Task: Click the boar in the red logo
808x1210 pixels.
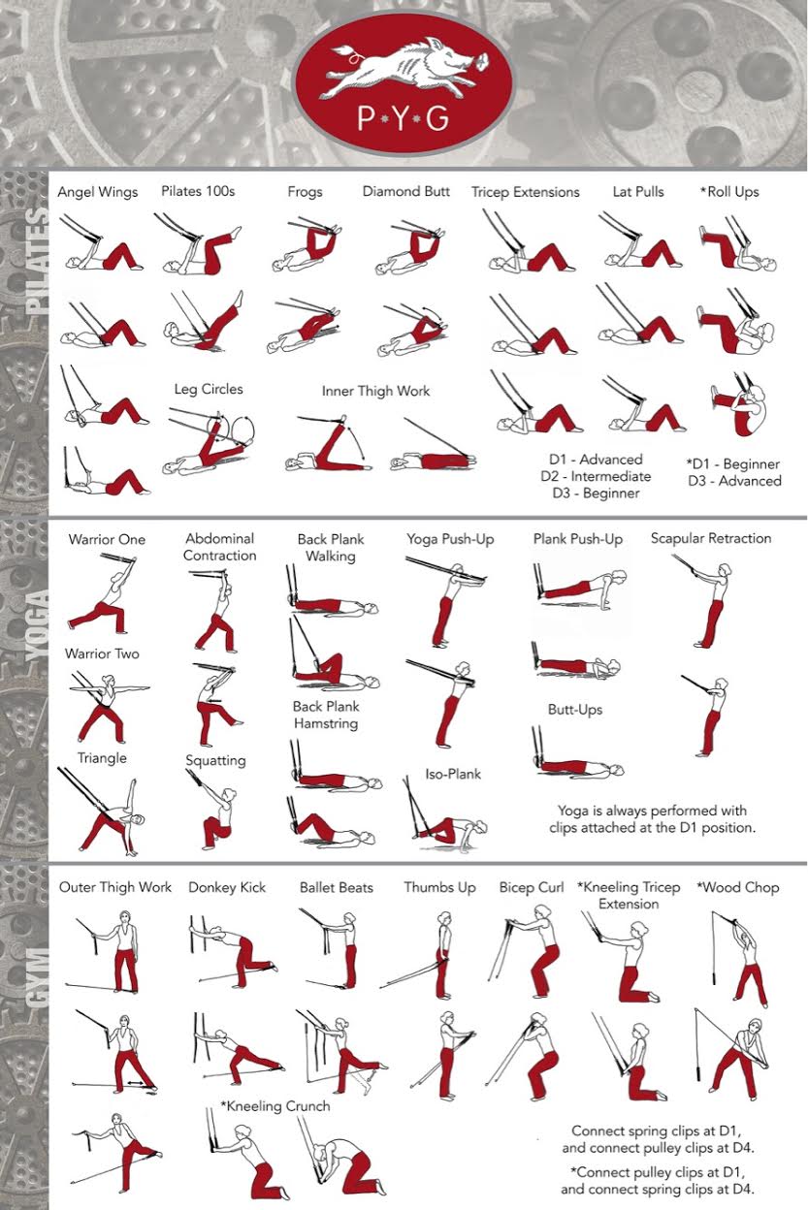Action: point(405,68)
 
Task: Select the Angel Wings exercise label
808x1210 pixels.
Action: point(98,192)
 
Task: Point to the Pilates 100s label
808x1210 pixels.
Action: point(198,191)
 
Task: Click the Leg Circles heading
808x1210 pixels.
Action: point(209,390)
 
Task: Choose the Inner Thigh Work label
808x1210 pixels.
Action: point(375,391)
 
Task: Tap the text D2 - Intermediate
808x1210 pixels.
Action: point(596,476)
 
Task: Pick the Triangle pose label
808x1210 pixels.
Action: point(102,758)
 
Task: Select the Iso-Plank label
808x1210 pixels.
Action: point(453,774)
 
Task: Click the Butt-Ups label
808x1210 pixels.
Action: point(575,710)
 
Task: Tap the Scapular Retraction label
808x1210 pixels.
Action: point(711,538)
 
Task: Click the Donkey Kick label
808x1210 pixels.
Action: point(227,887)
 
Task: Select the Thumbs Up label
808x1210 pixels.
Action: point(440,887)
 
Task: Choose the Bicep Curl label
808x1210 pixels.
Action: point(532,887)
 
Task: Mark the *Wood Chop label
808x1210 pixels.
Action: point(738,887)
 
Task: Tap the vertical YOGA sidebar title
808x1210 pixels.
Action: point(37,625)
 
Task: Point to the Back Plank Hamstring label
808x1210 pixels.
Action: point(326,715)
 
